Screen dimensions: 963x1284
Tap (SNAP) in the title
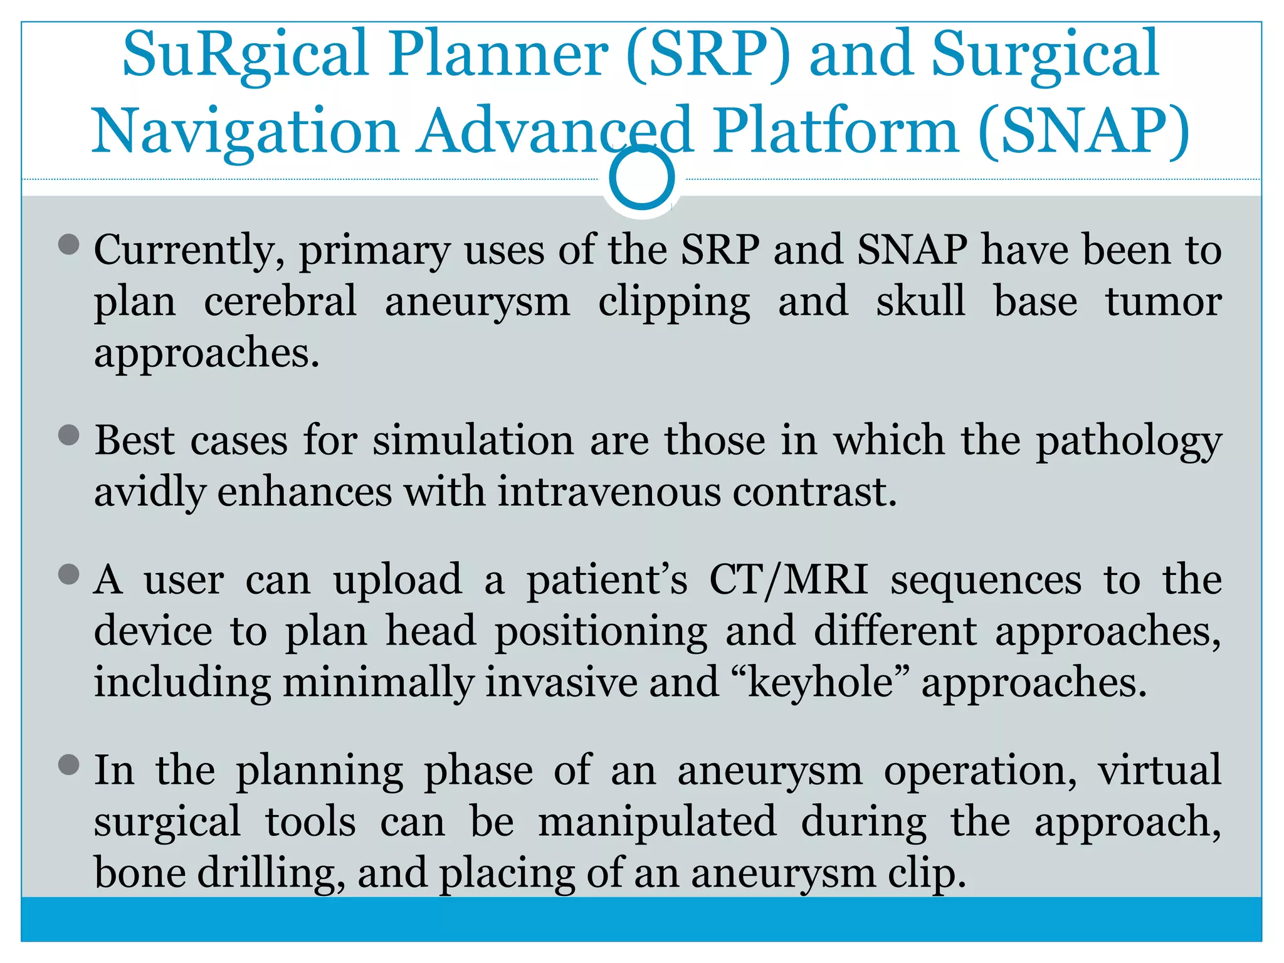coord(1083,132)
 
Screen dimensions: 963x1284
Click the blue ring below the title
coord(641,178)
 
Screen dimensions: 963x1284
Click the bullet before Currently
coord(68,245)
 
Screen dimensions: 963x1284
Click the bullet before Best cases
coord(68,435)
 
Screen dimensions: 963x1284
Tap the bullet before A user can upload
coord(68,574)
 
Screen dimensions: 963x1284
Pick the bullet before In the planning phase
coord(68,765)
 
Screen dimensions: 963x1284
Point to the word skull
coord(921,302)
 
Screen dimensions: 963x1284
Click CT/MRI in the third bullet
coord(789,581)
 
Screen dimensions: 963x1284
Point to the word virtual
coord(1159,771)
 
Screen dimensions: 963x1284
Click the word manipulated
coord(657,823)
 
